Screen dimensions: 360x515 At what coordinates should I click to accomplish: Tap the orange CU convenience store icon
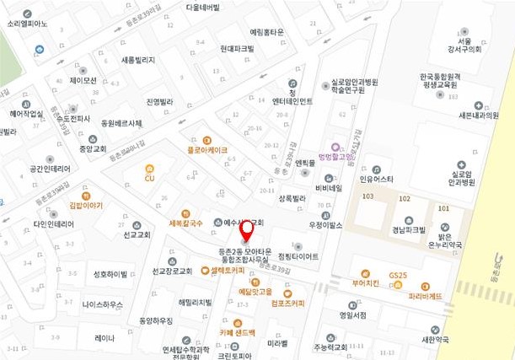tap(149, 169)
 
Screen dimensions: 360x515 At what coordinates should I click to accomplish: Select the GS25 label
tap(398, 276)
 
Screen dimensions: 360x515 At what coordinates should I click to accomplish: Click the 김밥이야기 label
tap(86, 205)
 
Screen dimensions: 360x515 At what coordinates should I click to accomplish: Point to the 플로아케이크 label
tap(207, 150)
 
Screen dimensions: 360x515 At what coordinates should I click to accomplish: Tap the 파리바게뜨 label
tap(425, 297)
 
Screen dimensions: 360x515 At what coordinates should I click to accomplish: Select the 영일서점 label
tap(352, 315)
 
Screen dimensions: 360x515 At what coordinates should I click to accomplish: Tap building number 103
tap(367, 196)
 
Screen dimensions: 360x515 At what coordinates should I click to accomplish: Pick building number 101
tap(443, 207)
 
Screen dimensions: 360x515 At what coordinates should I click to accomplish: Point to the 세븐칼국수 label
tap(186, 223)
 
